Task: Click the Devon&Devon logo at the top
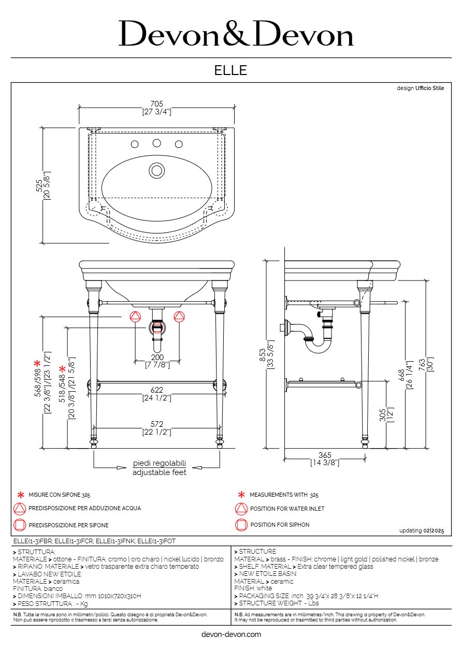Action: (236, 33)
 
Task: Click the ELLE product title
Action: (230, 70)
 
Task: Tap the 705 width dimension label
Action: (157, 104)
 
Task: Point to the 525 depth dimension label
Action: (39, 185)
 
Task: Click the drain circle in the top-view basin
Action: (157, 171)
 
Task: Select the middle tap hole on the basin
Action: (157, 143)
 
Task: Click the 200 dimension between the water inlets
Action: (157, 358)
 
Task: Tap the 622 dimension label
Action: (157, 390)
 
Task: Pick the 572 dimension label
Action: (157, 424)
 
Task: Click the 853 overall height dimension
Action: (263, 355)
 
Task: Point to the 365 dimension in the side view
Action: (325, 455)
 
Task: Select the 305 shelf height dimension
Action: (383, 415)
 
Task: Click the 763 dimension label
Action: (422, 365)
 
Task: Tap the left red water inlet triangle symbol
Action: (135, 317)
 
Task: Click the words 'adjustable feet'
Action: (160, 472)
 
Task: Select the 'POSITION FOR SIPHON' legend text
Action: (280, 525)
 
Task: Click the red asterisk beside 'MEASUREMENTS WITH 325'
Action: (241, 495)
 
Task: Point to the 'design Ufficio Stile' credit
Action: (420, 88)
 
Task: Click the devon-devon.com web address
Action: (231, 634)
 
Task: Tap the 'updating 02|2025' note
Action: (422, 530)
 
